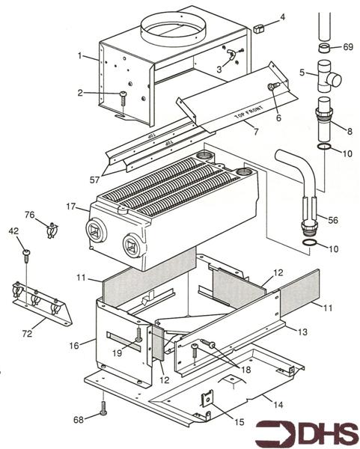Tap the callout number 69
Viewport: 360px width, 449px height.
coord(347,47)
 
